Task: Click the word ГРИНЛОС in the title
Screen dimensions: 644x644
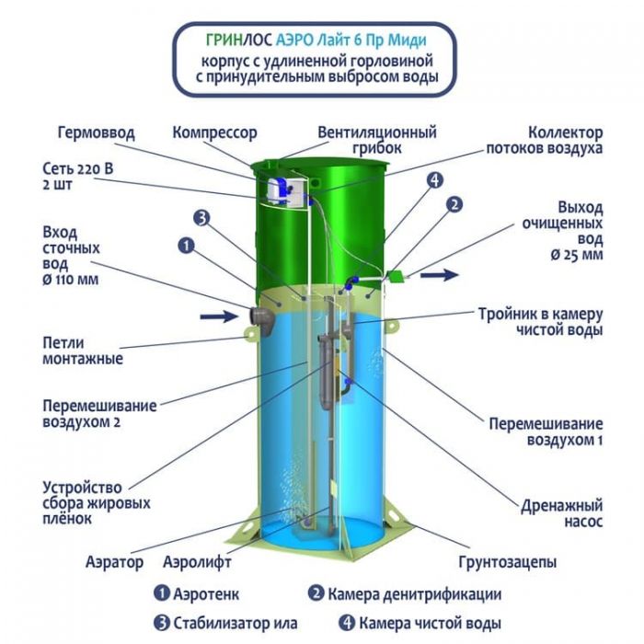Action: point(239,40)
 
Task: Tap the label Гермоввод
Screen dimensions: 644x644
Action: point(96,132)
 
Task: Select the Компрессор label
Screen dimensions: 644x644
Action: point(214,133)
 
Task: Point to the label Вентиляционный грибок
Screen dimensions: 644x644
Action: point(376,140)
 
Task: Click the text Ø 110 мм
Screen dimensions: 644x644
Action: point(71,280)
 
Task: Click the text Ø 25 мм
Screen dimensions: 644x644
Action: point(576,255)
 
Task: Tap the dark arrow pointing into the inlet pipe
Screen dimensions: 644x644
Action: point(219,316)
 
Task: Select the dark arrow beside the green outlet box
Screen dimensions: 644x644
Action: point(439,274)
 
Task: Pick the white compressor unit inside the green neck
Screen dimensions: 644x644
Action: point(282,191)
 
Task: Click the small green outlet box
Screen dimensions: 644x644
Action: point(397,277)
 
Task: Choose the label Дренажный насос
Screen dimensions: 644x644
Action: point(561,513)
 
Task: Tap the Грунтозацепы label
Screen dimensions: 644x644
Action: point(507,561)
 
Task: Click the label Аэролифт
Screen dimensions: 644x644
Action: point(197,561)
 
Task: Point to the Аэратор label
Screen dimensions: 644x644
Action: point(115,561)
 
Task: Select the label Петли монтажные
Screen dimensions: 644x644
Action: point(83,351)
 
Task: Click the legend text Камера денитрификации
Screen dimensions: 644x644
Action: point(414,594)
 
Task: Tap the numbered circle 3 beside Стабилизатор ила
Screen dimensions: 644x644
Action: point(161,623)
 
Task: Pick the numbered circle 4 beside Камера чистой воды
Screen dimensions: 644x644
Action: point(347,623)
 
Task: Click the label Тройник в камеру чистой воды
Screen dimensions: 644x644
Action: point(540,322)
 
